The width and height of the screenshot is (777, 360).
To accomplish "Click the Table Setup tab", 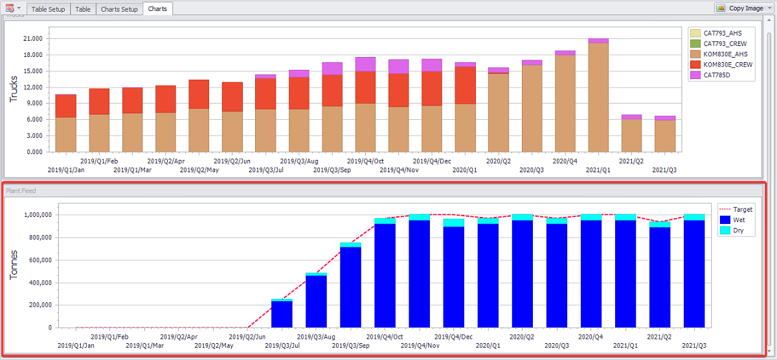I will click(x=49, y=9).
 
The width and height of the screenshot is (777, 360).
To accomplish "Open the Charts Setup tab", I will click(x=119, y=9).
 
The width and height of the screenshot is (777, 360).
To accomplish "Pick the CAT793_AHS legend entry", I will click(x=723, y=33).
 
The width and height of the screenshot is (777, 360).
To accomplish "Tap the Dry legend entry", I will click(x=738, y=231).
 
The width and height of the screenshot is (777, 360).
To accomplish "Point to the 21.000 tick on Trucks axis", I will click(x=32, y=39).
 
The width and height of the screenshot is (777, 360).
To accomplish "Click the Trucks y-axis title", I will click(x=14, y=89).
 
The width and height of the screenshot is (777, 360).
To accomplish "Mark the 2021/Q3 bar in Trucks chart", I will click(x=665, y=135).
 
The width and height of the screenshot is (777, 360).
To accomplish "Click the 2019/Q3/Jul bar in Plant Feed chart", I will click(x=282, y=314).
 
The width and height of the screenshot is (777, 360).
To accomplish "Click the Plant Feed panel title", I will click(x=20, y=191).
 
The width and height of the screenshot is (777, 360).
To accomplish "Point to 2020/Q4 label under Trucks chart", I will click(x=565, y=161).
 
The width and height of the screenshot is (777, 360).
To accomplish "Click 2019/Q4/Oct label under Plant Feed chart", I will click(x=384, y=337).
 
